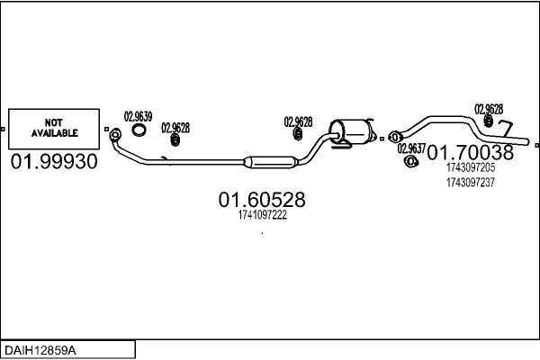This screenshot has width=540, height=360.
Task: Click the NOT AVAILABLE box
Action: click(x=55, y=128)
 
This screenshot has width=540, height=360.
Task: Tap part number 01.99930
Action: click(x=55, y=162)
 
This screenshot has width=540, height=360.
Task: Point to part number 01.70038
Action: click(x=470, y=151)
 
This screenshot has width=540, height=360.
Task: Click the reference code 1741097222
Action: click(x=263, y=215)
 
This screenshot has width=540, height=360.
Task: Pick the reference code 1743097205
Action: click(x=470, y=166)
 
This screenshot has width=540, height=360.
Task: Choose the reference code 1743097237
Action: click(x=470, y=182)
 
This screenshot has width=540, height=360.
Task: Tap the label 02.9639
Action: click(x=138, y=116)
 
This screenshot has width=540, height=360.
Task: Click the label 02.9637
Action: click(x=411, y=148)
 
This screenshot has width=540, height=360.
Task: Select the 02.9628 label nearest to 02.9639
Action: click(x=175, y=128)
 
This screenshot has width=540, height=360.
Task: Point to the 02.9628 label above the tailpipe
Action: click(x=489, y=108)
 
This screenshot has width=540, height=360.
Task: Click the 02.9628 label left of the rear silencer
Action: click(x=298, y=121)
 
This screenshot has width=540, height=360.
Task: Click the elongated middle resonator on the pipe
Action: click(x=271, y=162)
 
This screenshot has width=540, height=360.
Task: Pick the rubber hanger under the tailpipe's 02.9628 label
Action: click(x=486, y=121)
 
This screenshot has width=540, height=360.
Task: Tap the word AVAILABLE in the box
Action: click(x=55, y=133)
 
